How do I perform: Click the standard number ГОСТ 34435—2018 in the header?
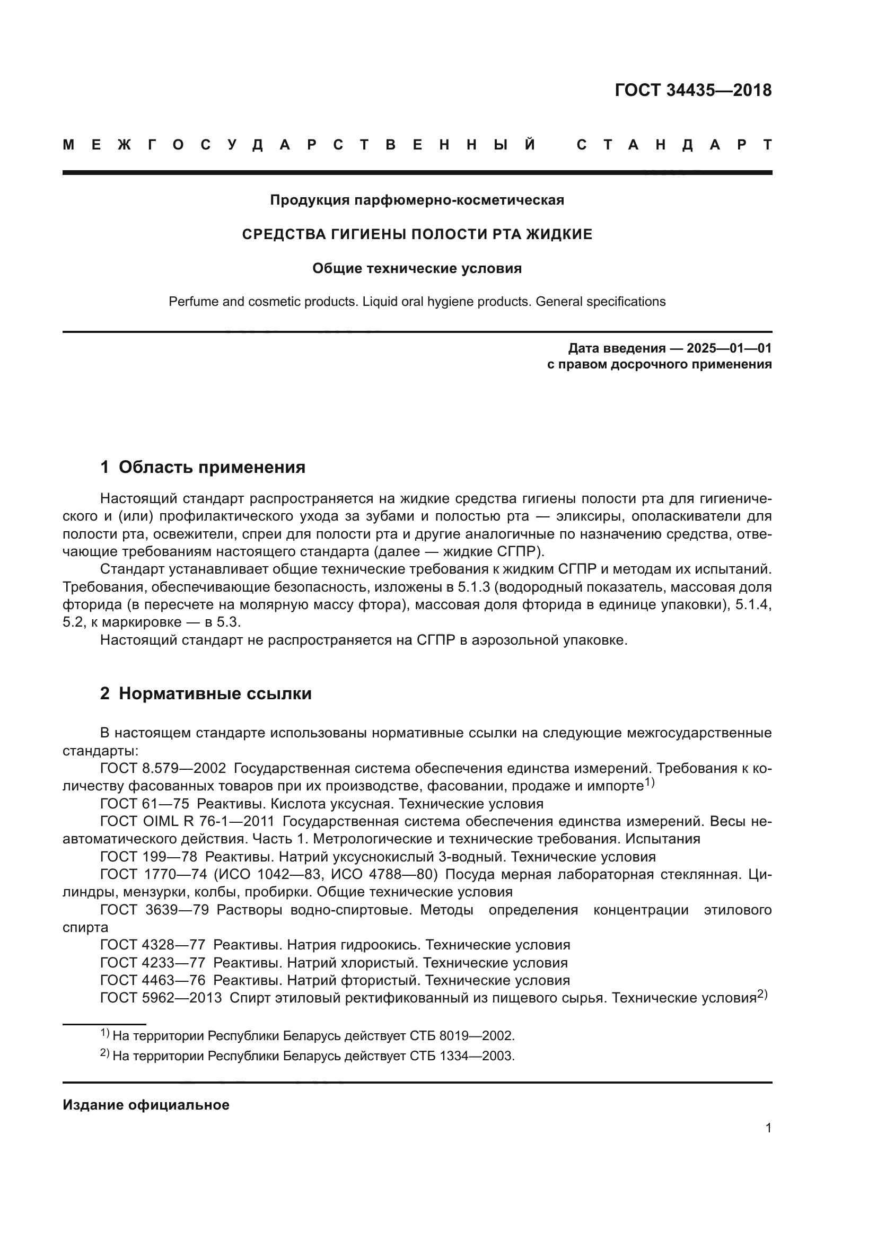pyautogui.click(x=693, y=90)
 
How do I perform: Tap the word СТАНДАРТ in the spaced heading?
pyautogui.click(x=674, y=145)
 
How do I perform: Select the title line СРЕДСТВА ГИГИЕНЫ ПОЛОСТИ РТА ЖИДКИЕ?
pyautogui.click(x=417, y=234)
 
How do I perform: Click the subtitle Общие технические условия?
pyautogui.click(x=417, y=268)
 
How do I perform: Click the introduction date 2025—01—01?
pyautogui.click(x=729, y=348)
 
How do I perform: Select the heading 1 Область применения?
pyautogui.click(x=203, y=467)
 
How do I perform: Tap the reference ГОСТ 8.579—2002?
pyautogui.click(x=163, y=769)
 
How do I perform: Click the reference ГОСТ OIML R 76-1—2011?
pyautogui.click(x=187, y=821)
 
